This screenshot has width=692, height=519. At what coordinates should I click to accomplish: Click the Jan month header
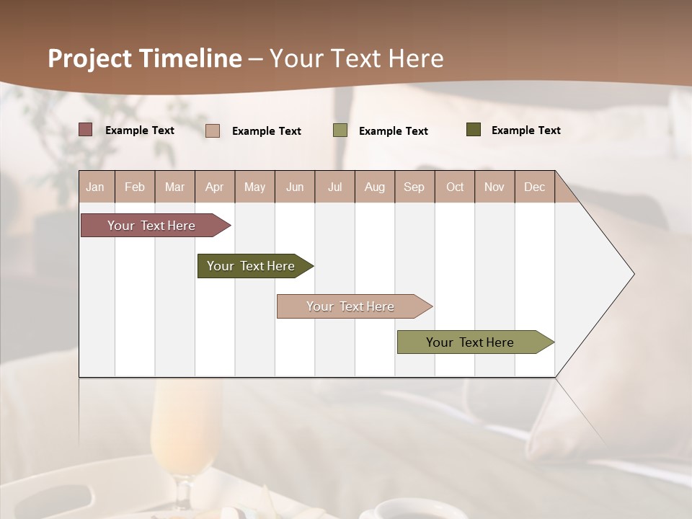click(x=95, y=187)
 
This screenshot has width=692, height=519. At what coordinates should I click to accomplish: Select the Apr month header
click(x=214, y=187)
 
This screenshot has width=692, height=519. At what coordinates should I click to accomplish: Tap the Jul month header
click(x=334, y=187)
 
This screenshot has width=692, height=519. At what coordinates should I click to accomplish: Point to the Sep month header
click(x=414, y=187)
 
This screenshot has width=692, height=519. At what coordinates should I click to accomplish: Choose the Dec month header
click(x=534, y=187)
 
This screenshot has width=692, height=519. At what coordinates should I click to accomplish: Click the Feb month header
click(x=135, y=187)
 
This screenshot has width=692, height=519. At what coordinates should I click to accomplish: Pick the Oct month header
click(x=455, y=187)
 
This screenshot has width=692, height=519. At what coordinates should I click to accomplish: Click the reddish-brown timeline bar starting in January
click(x=152, y=226)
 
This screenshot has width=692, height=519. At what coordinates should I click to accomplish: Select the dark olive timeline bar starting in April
click(x=252, y=266)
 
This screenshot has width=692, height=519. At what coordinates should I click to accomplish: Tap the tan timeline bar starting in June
click(x=351, y=306)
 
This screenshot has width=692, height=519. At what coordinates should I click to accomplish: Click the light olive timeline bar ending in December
click(x=471, y=342)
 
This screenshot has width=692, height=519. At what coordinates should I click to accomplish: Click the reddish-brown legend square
click(x=86, y=130)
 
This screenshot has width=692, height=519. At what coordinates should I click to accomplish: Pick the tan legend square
click(x=213, y=130)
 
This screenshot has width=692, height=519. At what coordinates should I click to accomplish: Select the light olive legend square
click(x=340, y=130)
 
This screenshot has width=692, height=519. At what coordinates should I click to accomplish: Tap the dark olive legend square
click(x=474, y=130)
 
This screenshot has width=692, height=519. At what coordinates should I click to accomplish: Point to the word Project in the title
click(x=89, y=58)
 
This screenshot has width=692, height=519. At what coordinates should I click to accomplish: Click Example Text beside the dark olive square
click(x=525, y=130)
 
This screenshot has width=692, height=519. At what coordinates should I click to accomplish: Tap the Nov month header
click(x=494, y=187)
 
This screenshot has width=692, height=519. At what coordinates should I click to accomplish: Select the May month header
click(x=254, y=187)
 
